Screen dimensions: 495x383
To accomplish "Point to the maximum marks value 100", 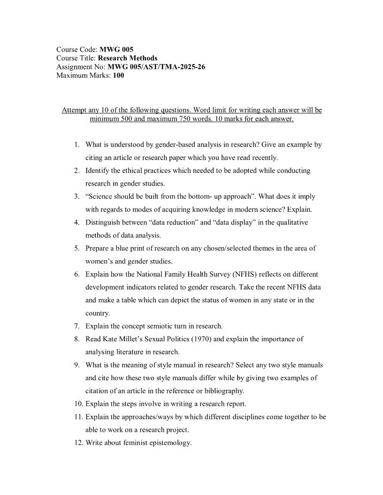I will [x=118, y=75].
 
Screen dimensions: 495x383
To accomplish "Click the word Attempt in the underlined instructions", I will [x=75, y=110].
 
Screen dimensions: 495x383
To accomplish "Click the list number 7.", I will [x=76, y=326].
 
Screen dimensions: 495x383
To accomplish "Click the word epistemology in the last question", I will [x=171, y=442].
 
